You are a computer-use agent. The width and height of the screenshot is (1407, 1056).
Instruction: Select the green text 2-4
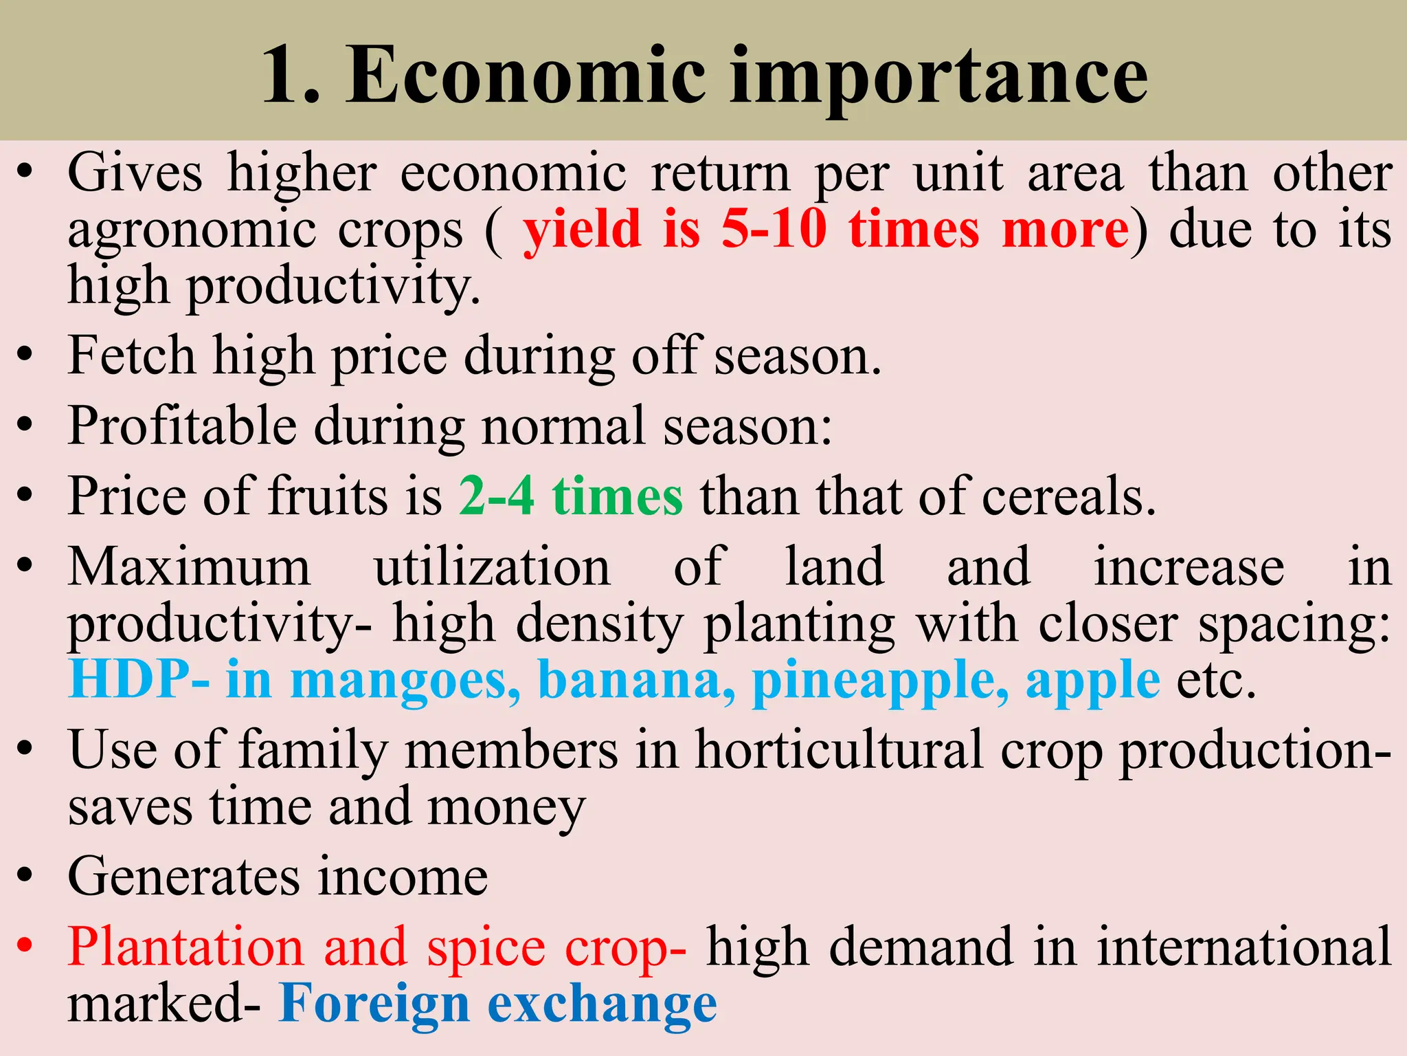click(496, 496)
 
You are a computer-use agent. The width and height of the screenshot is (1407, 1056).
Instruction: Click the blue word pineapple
click(880, 681)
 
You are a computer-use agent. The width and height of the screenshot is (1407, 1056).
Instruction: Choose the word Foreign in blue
click(374, 1004)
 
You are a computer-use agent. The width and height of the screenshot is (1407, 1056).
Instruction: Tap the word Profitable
click(182, 426)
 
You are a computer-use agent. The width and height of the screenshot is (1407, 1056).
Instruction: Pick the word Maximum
click(189, 567)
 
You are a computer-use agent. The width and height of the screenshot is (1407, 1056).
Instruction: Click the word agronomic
click(192, 231)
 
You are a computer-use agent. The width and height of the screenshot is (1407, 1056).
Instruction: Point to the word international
click(1243, 947)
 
